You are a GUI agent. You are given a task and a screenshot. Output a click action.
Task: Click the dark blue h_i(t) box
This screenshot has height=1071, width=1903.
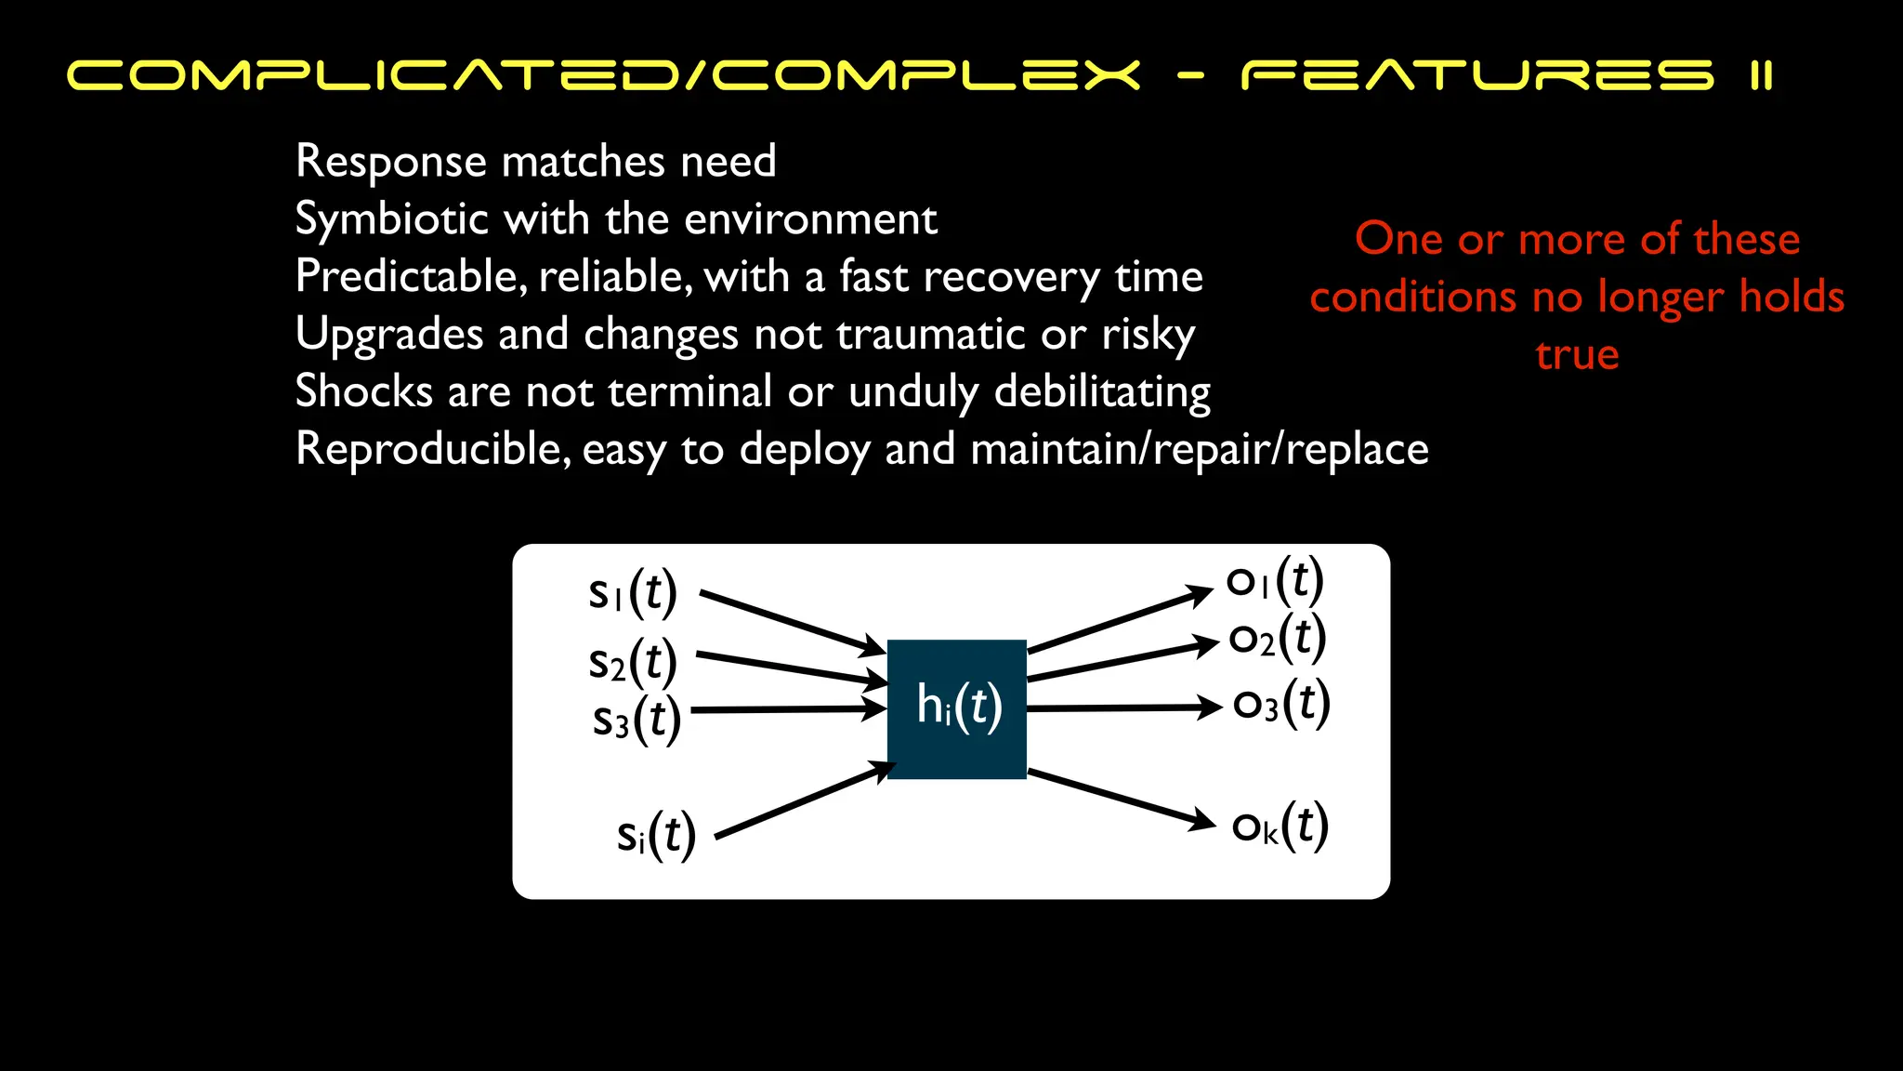[x=957, y=708]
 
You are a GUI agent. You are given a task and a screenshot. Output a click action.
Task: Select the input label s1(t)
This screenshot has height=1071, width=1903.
[x=633, y=593]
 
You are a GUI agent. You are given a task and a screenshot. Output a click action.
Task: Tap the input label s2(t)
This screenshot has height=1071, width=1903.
[x=633, y=663]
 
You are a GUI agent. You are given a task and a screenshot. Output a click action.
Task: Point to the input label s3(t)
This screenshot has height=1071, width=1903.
[x=637, y=720]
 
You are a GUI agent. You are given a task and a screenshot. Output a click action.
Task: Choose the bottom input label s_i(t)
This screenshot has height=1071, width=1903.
[x=656, y=835]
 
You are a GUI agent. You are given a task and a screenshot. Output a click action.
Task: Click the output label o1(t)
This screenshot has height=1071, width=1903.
[x=1275, y=581]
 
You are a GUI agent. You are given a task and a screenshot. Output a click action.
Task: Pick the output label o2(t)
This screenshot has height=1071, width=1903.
[x=1278, y=639]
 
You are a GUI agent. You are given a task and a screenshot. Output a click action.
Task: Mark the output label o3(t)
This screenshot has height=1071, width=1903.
[x=1281, y=704]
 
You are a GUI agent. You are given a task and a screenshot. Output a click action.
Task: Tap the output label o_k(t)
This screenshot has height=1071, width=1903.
[x=1280, y=826]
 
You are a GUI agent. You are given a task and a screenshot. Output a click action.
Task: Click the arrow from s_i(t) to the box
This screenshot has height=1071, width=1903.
[x=804, y=800]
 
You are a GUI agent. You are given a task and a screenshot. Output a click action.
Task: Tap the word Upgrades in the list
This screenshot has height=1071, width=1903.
[x=388, y=335]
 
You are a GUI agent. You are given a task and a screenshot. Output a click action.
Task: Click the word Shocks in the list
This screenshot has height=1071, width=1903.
[x=363, y=391]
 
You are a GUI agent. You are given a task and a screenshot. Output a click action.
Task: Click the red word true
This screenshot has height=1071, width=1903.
[x=1577, y=355]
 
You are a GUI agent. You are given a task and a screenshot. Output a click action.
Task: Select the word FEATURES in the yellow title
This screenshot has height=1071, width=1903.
[x=1477, y=75]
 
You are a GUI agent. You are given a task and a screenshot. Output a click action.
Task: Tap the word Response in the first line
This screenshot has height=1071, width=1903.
[x=390, y=163]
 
